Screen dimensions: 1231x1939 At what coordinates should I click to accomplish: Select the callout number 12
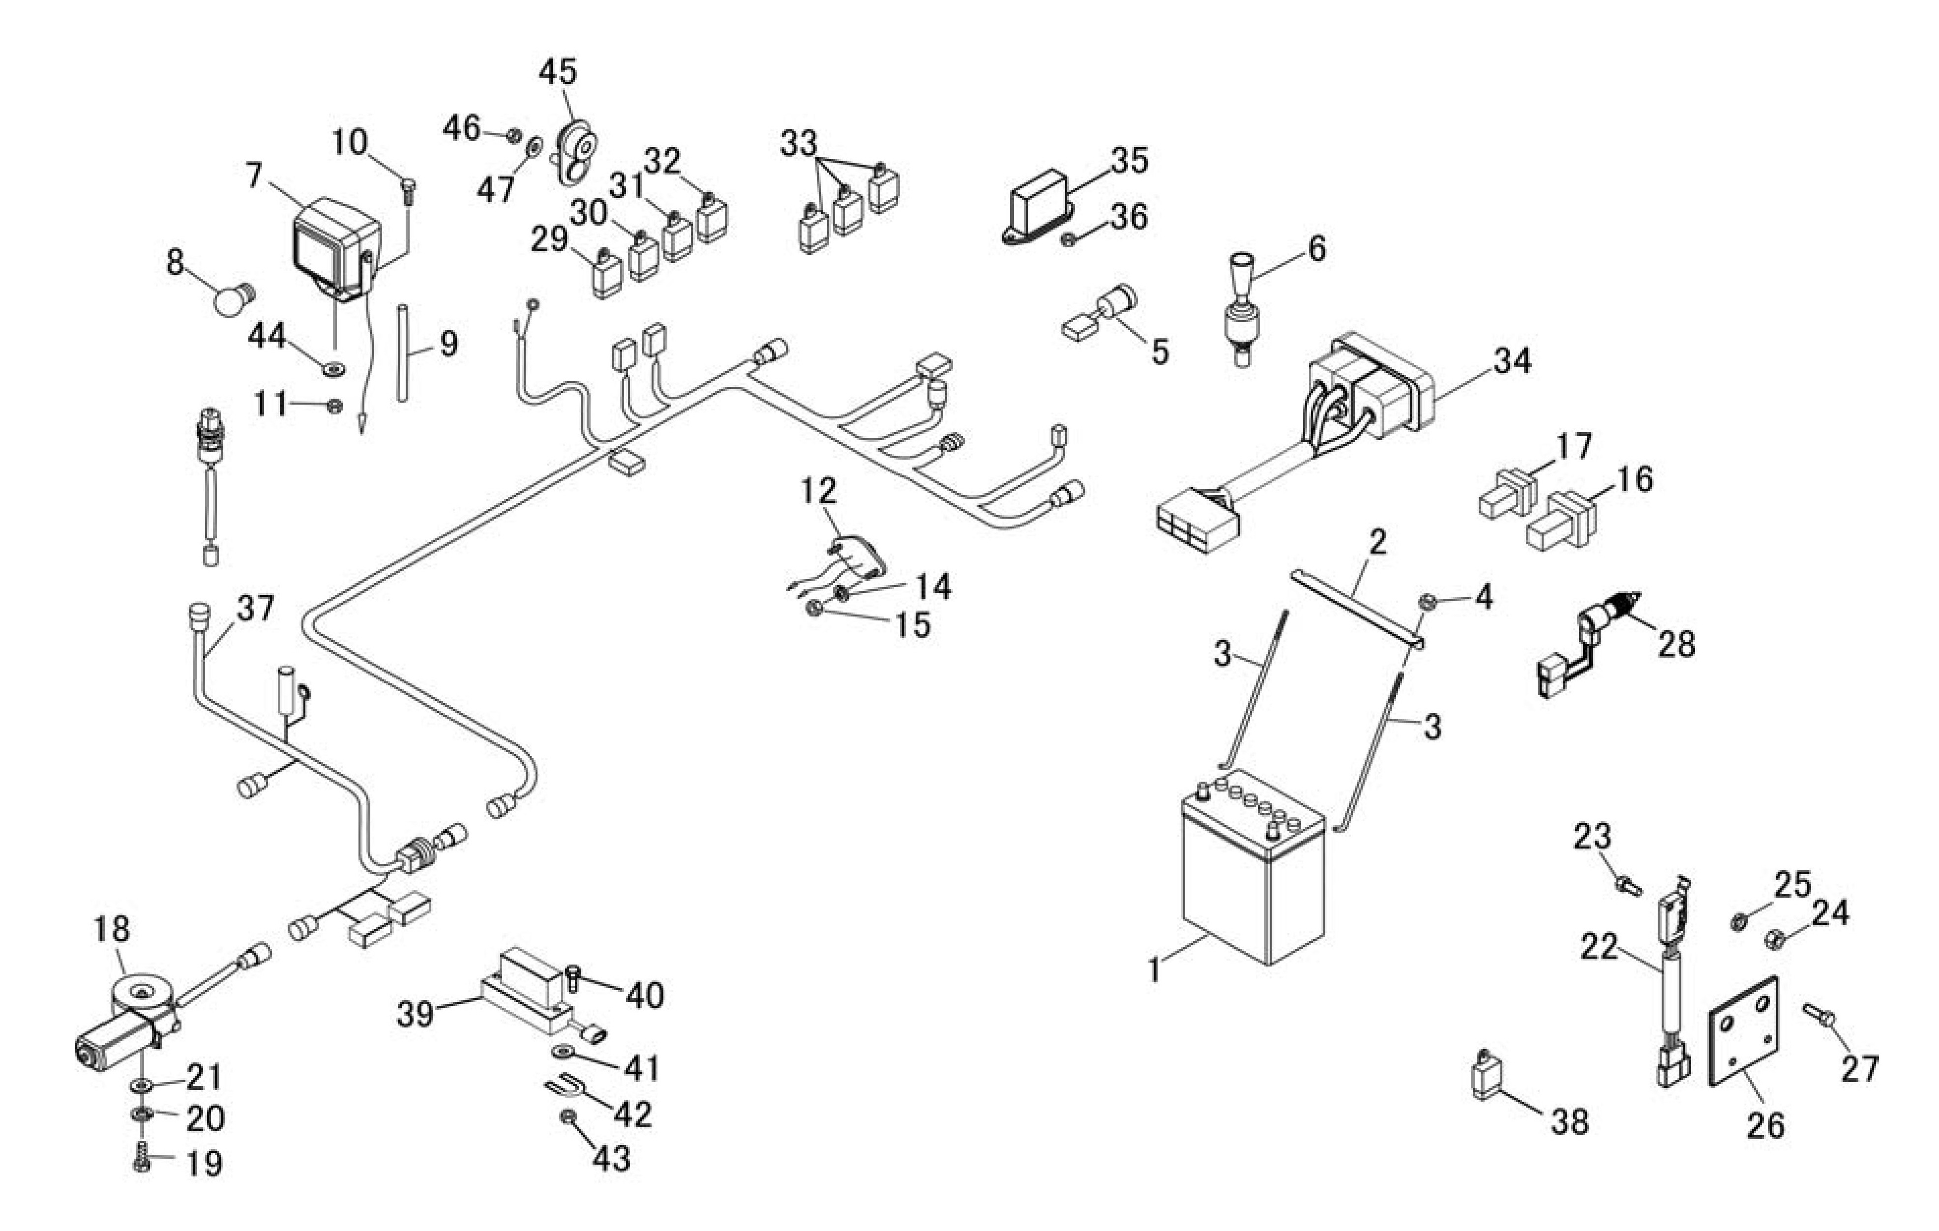click(819, 491)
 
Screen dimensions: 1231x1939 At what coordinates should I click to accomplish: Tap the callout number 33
click(798, 144)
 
